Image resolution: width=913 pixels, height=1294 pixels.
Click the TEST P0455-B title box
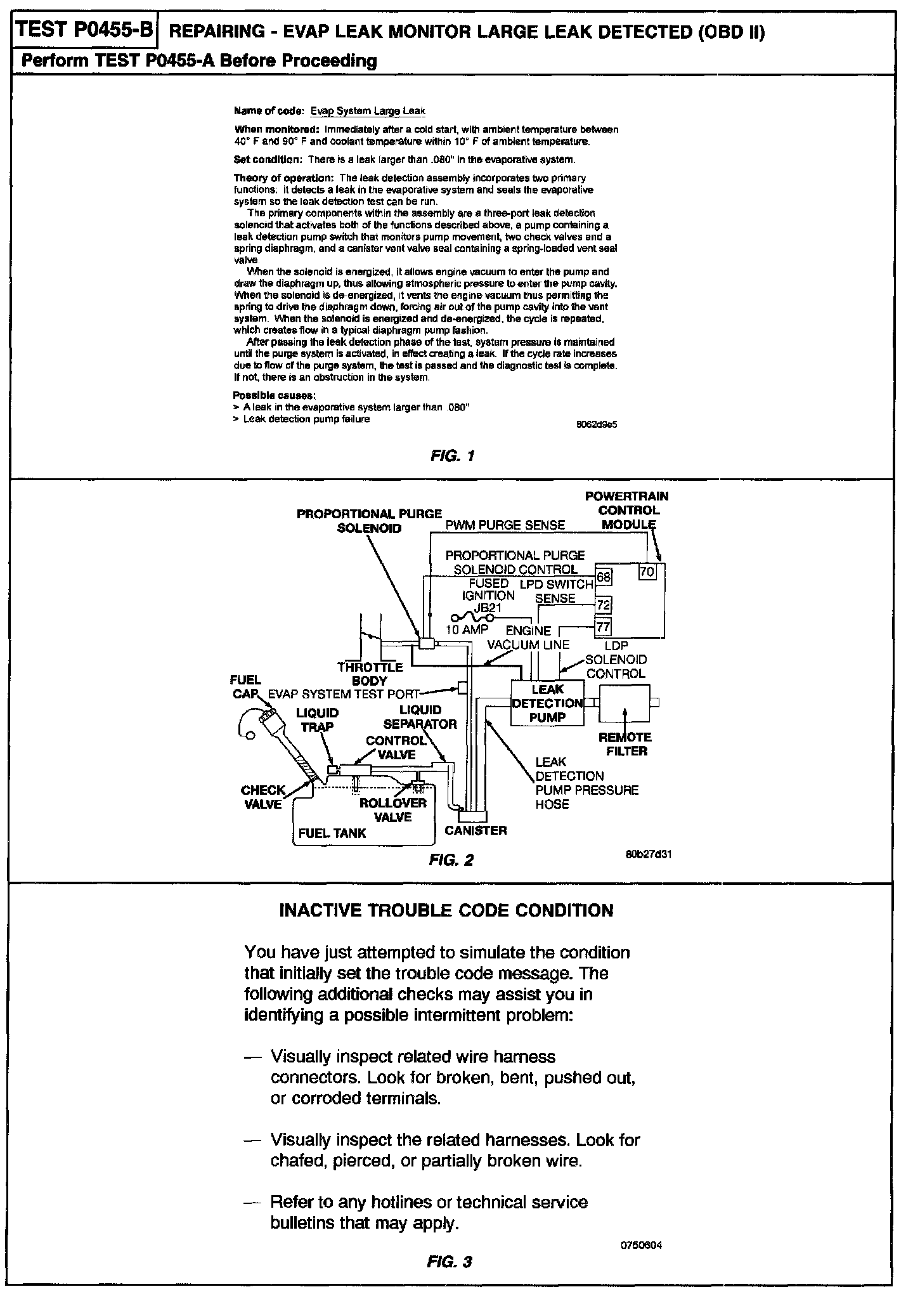coord(84,30)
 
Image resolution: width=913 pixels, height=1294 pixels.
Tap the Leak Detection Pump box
coord(548,703)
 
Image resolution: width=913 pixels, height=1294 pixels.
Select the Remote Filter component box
coord(625,702)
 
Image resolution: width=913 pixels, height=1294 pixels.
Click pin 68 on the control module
coord(604,577)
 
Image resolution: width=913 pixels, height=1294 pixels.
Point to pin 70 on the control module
coord(647,571)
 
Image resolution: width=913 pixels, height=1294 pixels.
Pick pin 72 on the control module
coord(604,605)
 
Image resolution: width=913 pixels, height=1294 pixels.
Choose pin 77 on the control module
coord(604,628)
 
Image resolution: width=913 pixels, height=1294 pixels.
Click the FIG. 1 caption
coord(452,456)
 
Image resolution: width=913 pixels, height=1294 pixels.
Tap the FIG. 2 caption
coord(451,860)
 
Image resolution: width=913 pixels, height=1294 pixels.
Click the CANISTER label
coord(476,830)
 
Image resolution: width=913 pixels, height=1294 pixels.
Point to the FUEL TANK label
coord(332,833)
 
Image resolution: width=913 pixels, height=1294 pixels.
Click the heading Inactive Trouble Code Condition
coord(446,911)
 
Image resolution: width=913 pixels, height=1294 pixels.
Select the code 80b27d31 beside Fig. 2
coord(648,854)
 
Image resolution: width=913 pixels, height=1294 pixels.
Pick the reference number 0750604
coord(642,1245)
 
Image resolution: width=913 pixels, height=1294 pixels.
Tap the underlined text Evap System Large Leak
coord(367,112)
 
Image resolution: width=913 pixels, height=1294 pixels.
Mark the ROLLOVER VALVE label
coord(393,810)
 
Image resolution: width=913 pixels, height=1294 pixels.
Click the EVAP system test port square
coord(463,688)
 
